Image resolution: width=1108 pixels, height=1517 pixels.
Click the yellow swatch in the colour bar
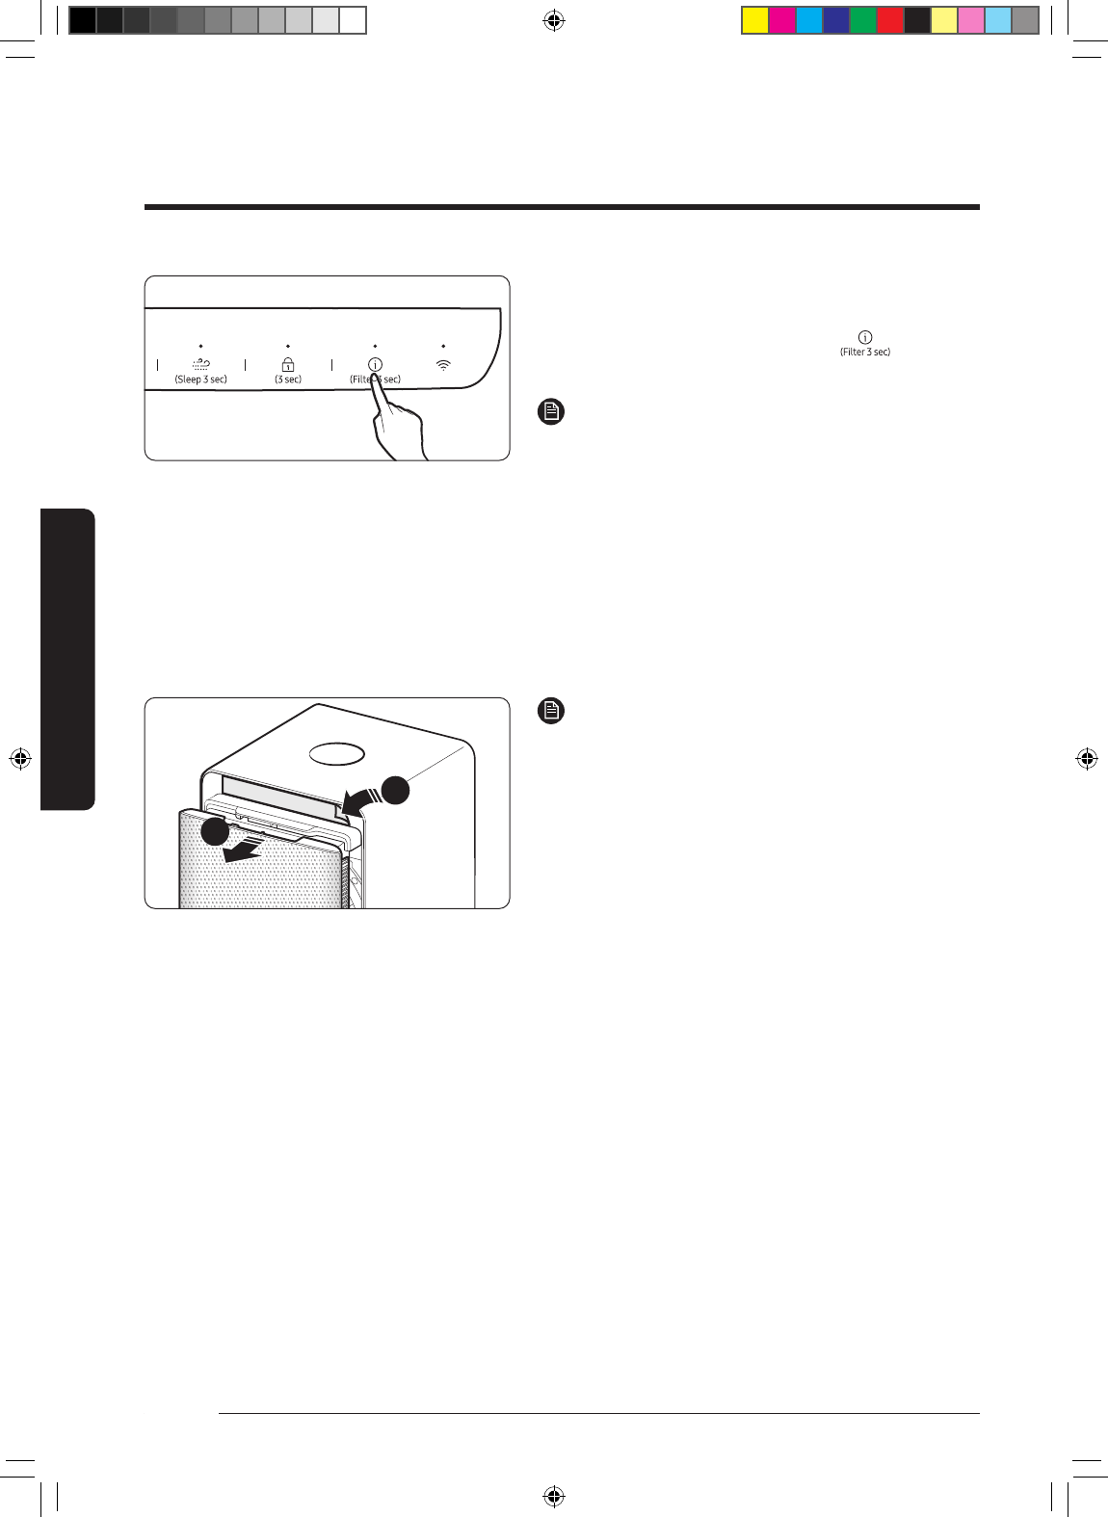click(755, 20)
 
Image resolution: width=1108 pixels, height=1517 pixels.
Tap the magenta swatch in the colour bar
click(782, 20)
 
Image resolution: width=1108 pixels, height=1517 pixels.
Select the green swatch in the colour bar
click(863, 20)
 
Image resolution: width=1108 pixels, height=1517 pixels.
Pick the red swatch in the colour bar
click(890, 20)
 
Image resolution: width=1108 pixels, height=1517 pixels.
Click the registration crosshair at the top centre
click(553, 20)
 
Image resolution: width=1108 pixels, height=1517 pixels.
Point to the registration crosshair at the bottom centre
click(553, 1496)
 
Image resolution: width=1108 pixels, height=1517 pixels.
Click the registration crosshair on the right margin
click(1087, 759)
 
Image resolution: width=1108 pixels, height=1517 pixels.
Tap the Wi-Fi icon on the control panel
click(443, 365)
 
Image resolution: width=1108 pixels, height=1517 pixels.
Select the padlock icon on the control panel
click(288, 364)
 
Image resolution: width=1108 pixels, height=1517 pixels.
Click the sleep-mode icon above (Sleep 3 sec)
click(200, 364)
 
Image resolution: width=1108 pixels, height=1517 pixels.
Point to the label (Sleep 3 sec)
click(200, 379)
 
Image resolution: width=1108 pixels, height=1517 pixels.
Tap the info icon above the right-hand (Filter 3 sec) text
click(865, 337)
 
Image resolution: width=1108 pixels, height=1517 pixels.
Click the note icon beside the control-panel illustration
click(550, 412)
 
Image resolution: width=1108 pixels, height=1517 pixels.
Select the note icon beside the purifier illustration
click(550, 711)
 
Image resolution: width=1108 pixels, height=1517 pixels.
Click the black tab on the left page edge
click(67, 659)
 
